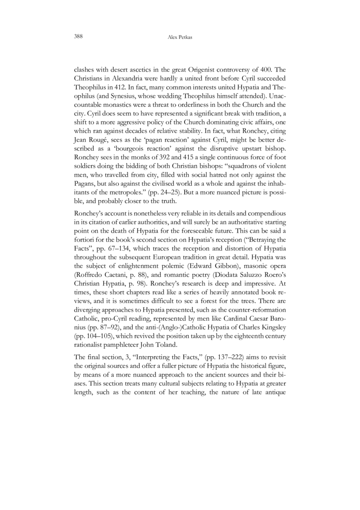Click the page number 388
[x=77, y=36]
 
